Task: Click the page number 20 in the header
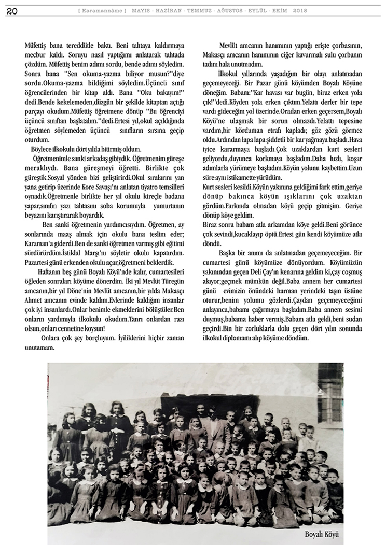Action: point(11,11)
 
